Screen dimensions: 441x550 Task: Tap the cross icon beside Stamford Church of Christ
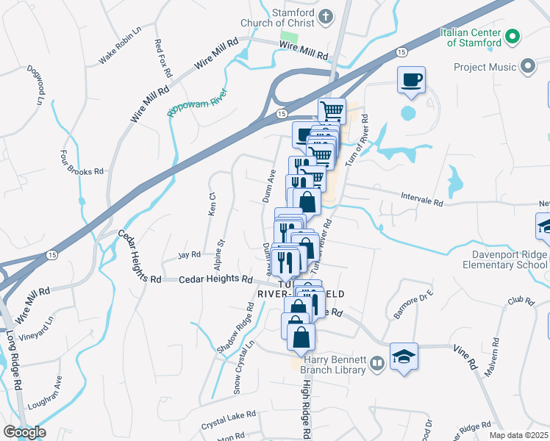click(x=325, y=15)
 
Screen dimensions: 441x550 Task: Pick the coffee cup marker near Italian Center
click(x=411, y=79)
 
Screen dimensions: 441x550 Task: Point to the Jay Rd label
click(x=189, y=255)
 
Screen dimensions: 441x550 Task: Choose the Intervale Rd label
click(x=422, y=196)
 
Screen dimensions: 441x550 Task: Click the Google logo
click(x=24, y=431)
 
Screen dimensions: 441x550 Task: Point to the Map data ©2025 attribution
click(x=519, y=435)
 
